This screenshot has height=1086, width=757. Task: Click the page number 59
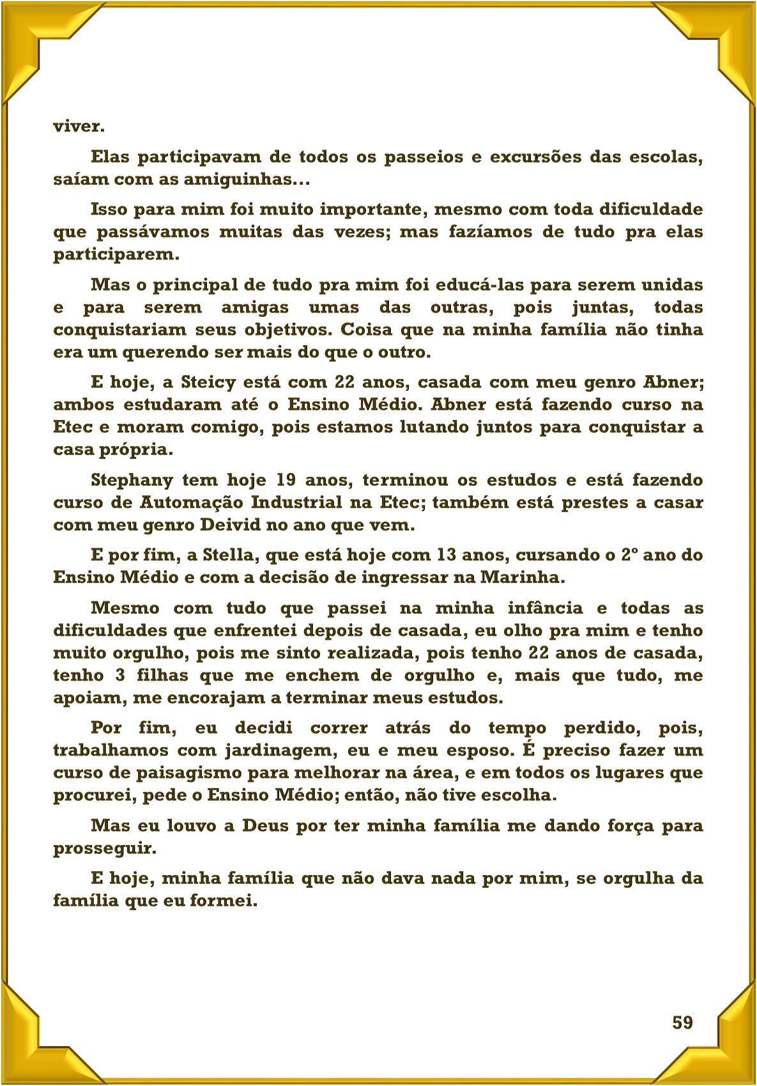[682, 1023]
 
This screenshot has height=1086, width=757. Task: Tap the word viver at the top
[78, 126]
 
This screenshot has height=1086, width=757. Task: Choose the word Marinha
[521, 577]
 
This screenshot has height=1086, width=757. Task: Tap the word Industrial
[296, 502]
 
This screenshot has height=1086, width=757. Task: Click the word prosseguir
[103, 849]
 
